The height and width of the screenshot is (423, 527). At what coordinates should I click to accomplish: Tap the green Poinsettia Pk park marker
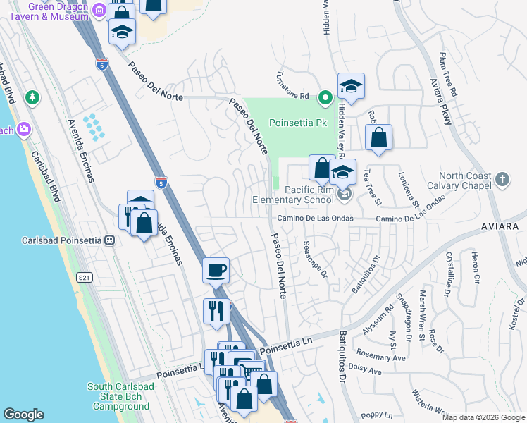325,97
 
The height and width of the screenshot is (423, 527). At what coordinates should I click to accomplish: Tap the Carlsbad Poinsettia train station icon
109,240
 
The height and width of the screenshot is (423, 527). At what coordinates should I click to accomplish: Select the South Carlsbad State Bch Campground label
118,396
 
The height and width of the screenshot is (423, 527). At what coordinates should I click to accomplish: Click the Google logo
24,414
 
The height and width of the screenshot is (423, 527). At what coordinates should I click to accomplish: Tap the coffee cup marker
216,269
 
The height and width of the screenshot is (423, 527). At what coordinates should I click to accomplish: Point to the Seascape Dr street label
315,259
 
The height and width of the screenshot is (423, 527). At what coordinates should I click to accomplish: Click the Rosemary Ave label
381,355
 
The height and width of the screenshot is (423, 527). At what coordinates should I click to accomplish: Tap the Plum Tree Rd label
448,73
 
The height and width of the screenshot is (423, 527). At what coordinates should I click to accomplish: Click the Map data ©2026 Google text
483,417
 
